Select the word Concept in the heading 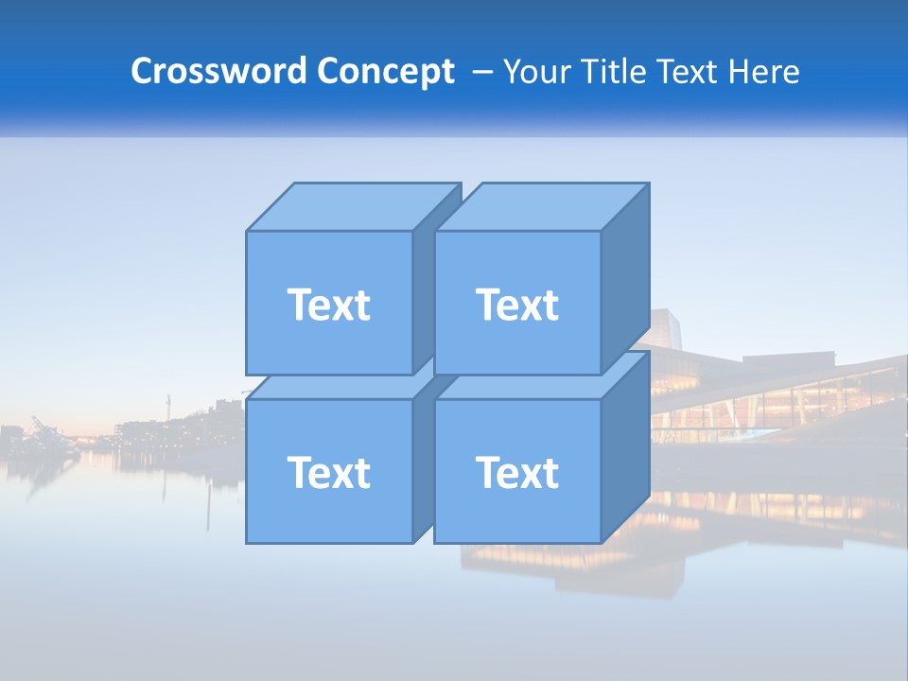tap(386, 72)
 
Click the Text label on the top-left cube tap(328, 305)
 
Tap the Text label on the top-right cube tap(517, 305)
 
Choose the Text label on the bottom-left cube tap(328, 472)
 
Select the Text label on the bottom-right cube tap(517, 472)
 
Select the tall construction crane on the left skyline tap(168, 409)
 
